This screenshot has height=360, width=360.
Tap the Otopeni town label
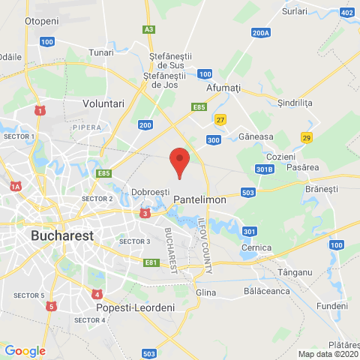point(42,22)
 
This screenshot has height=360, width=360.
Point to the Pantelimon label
point(195,200)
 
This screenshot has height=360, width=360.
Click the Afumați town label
point(223,88)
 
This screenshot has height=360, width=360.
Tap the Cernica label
point(256,247)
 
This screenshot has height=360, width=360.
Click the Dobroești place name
point(151,193)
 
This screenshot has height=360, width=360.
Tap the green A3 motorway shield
point(149,29)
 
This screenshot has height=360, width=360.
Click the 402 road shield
point(346,13)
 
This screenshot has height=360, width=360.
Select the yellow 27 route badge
point(220,120)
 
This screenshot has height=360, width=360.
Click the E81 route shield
point(151,262)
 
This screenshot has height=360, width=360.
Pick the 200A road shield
point(260,33)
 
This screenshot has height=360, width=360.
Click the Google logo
point(25,350)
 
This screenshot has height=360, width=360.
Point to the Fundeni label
point(331,306)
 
